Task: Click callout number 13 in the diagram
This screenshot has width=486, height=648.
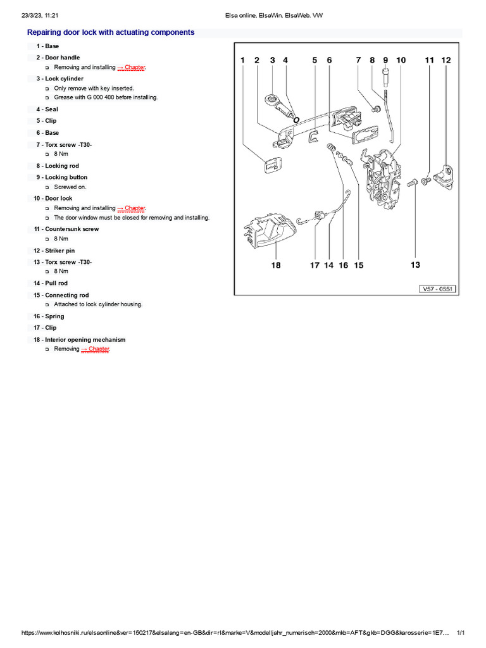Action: (x=415, y=265)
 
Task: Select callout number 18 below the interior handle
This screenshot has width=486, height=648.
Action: (x=276, y=265)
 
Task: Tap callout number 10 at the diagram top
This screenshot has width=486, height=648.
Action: (x=401, y=61)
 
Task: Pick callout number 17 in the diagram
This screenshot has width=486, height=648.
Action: (x=315, y=265)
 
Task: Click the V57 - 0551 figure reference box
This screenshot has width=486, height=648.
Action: (x=438, y=289)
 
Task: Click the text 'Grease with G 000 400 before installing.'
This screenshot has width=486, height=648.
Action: (x=106, y=97)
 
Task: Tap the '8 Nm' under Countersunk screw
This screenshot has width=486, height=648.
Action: (x=61, y=239)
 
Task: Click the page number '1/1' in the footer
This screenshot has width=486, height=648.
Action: (x=461, y=633)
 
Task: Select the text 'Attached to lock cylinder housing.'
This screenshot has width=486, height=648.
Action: (x=98, y=304)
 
